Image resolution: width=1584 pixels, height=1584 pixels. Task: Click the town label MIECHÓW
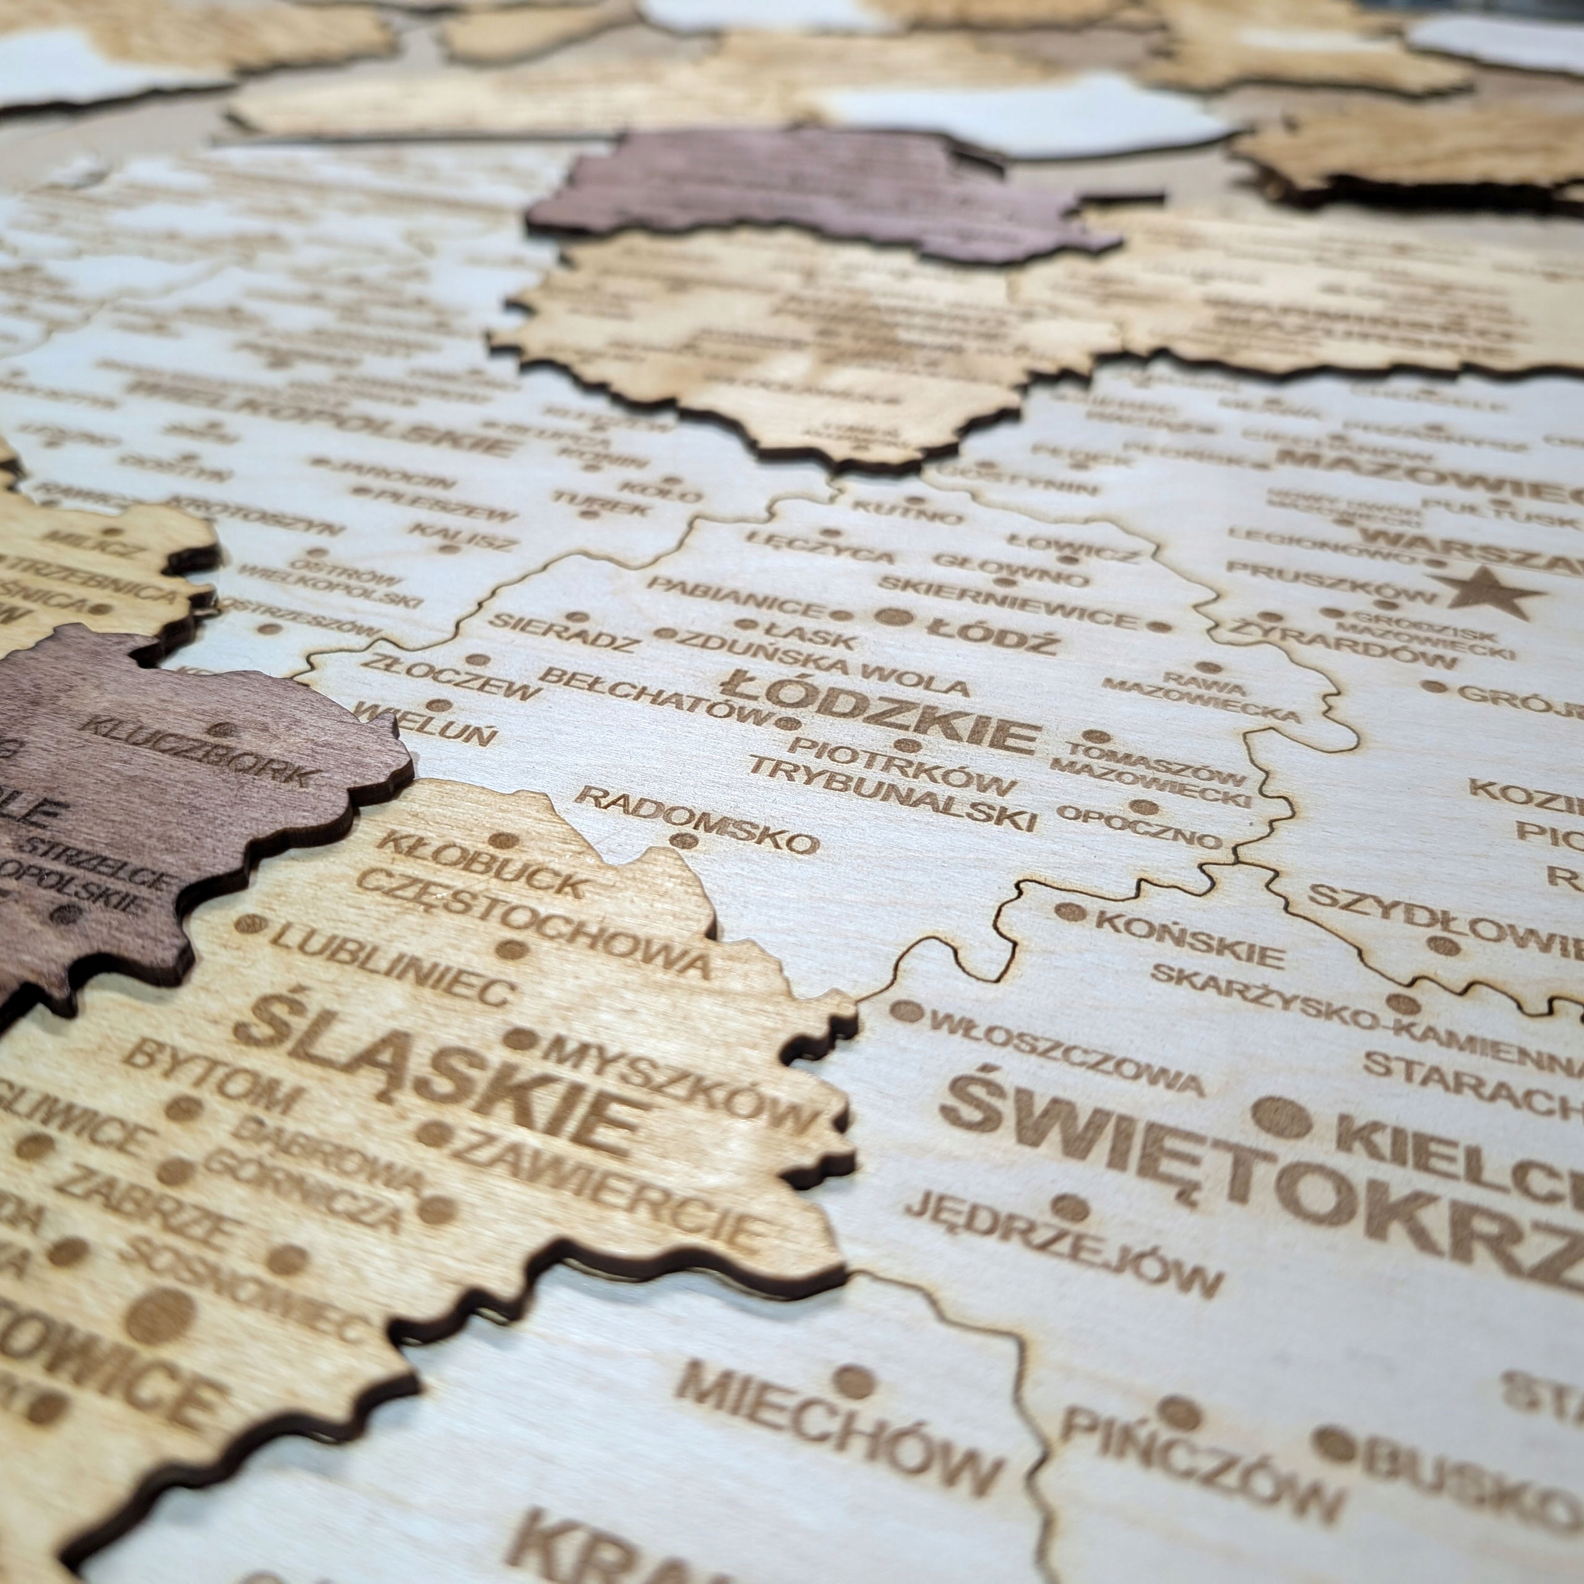tap(837, 1410)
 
